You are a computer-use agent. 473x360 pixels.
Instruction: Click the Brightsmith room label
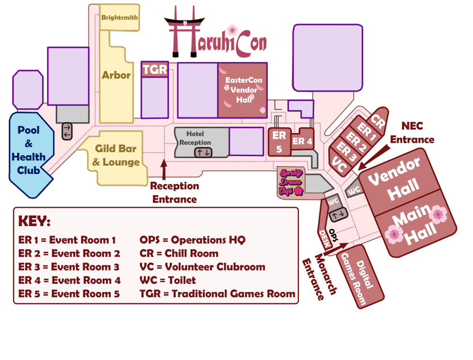tap(120, 18)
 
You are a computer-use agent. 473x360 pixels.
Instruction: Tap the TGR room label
tap(155, 70)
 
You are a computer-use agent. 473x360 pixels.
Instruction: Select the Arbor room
tap(116, 75)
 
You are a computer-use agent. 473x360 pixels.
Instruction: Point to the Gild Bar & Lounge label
tap(116, 155)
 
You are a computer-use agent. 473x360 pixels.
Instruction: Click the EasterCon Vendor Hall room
tap(243, 90)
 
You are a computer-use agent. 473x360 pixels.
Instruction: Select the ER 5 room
tap(279, 141)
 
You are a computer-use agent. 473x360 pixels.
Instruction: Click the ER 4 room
tap(303, 141)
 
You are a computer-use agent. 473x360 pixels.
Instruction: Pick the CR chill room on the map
tap(377, 122)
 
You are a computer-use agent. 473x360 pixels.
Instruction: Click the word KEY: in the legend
tap(34, 221)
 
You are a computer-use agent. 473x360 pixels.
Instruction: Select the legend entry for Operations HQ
tap(193, 240)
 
